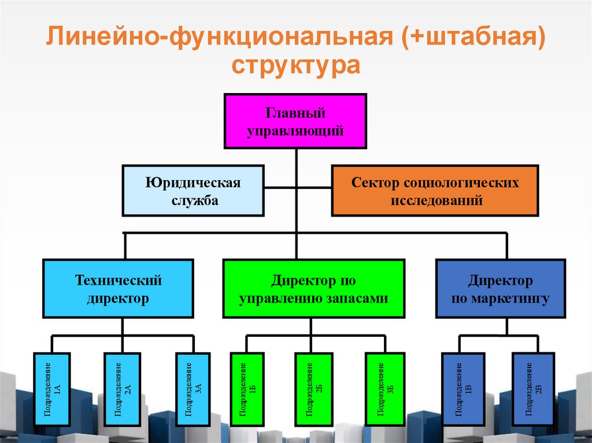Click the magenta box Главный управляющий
point(295,121)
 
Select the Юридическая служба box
point(193,191)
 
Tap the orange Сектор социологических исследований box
point(435,191)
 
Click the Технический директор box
point(118,288)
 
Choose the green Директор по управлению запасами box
point(313,288)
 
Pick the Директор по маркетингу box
point(500,288)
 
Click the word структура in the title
point(296,65)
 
